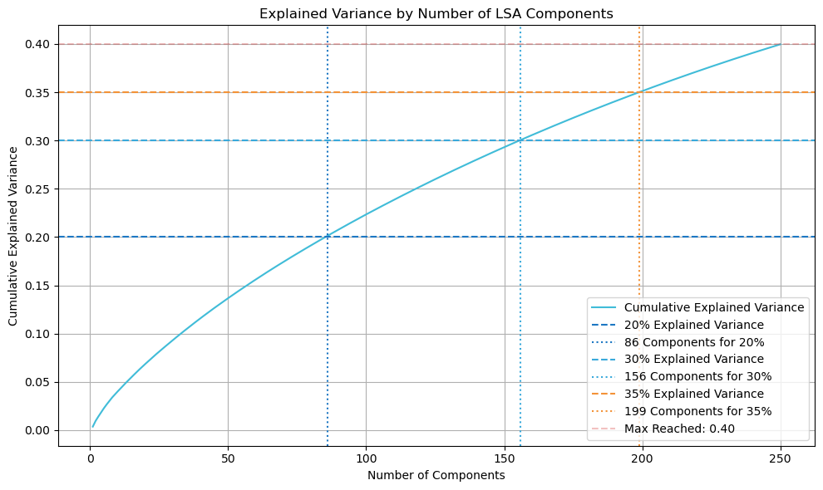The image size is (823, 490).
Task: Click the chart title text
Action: pyautogui.click(x=436, y=13)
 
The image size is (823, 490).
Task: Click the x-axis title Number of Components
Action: pyautogui.click(x=436, y=475)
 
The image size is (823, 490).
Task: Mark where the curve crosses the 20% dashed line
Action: pyautogui.click(x=328, y=237)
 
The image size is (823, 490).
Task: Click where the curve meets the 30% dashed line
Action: pyautogui.click(x=520, y=140)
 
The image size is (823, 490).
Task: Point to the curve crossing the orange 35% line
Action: pyautogui.click(x=639, y=92)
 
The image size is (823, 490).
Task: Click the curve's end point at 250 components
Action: pyautogui.click(x=780, y=44)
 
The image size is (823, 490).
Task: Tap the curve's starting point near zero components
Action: pyautogui.click(x=93, y=427)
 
